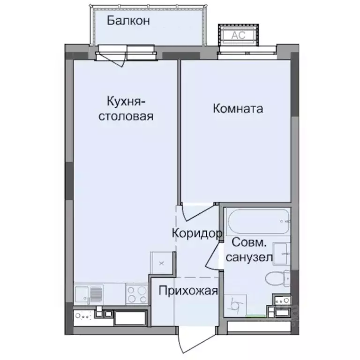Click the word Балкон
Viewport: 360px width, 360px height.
click(128, 21)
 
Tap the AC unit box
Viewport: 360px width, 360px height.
click(236, 34)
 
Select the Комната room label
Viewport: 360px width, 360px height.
click(238, 109)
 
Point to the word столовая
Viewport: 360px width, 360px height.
click(125, 116)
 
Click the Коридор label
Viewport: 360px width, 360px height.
click(196, 233)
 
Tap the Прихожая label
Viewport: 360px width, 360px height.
click(188, 291)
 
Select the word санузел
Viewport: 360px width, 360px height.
click(248, 257)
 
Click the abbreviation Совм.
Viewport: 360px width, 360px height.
click(250, 243)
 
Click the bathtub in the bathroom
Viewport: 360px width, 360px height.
click(257, 222)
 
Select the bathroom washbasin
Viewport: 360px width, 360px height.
click(281, 253)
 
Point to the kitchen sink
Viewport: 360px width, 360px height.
click(89, 295)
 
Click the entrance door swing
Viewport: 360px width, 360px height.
click(190, 337)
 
